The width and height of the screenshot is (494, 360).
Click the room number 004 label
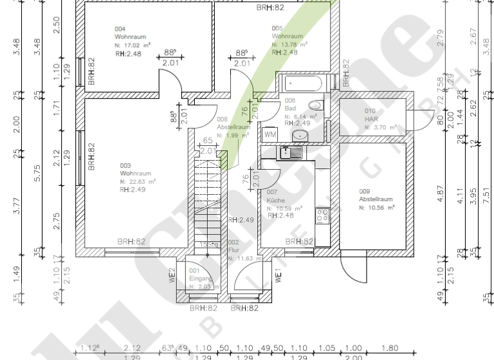[x=120, y=30]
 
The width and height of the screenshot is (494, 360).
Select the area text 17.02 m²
[x=136, y=46]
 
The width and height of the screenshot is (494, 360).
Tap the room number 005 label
[x=277, y=28]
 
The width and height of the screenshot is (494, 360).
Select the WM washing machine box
[x=270, y=135]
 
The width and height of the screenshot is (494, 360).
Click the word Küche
[x=276, y=201]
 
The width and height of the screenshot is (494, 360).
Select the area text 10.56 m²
[x=380, y=208]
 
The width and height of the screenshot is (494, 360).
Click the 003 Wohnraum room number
[x=125, y=166]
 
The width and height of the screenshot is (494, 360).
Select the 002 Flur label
[x=233, y=243]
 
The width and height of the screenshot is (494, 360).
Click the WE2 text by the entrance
[x=172, y=274]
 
